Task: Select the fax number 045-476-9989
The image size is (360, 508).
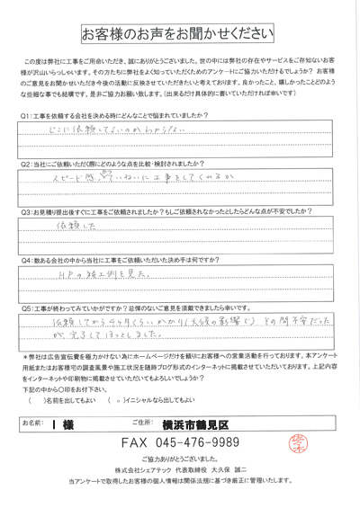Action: tap(216, 443)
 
